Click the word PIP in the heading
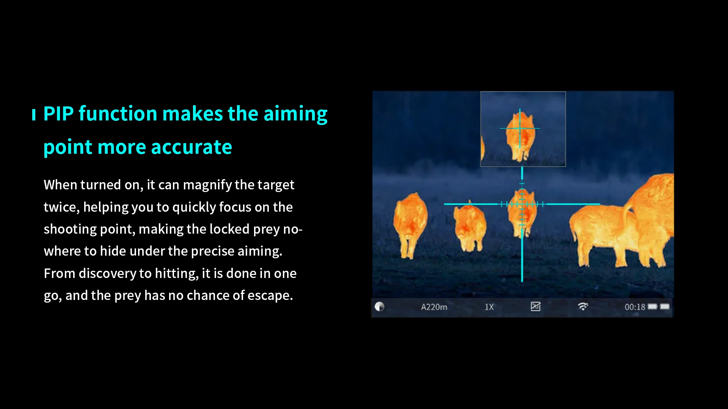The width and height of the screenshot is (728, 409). (58, 114)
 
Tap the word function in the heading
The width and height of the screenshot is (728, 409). (118, 114)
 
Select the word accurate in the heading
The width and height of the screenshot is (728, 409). (191, 147)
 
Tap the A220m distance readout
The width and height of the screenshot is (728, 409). (434, 307)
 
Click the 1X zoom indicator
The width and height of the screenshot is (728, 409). (489, 307)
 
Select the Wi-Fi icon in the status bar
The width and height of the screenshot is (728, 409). (583, 306)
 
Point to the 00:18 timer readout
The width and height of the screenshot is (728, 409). (635, 307)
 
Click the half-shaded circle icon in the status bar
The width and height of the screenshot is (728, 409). (380, 306)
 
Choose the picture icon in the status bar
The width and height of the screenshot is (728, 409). (535, 306)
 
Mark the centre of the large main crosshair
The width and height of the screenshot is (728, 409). (522, 204)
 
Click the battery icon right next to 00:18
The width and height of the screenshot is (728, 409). (652, 306)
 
